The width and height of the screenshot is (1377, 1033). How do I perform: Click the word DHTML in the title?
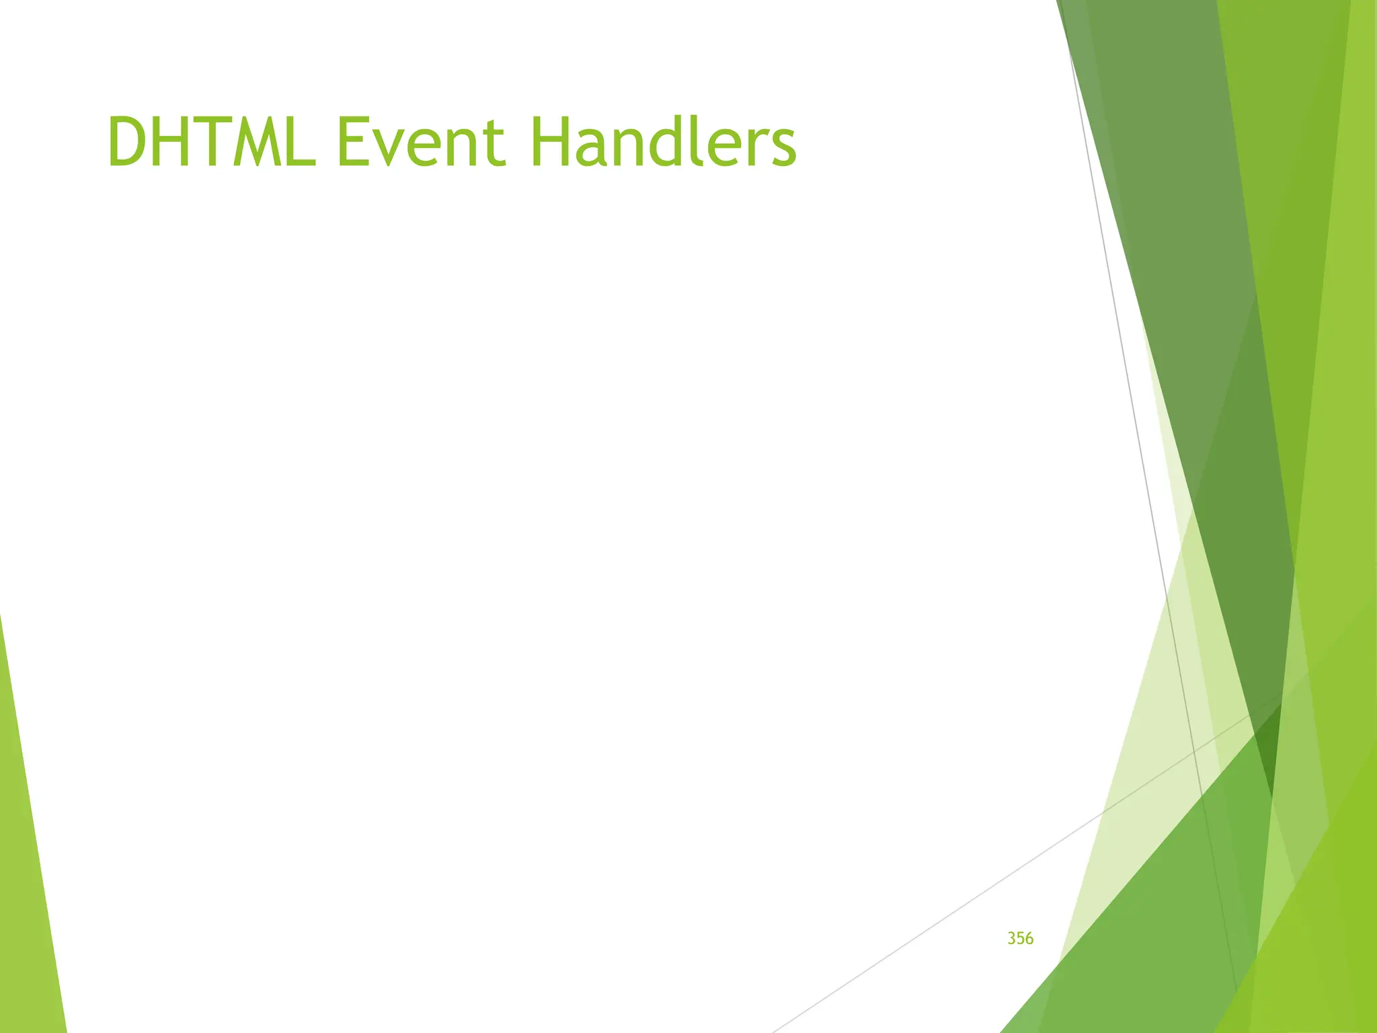click(210, 142)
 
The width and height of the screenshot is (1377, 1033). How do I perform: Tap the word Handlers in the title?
click(662, 142)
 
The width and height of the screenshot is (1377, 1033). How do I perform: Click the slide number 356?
click(1020, 938)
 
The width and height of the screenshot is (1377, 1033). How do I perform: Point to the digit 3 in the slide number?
click(1011, 938)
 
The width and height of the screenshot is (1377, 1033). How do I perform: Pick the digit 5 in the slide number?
click(1020, 938)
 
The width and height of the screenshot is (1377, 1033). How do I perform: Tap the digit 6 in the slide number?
click(1029, 938)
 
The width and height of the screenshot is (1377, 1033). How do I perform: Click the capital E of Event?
click(351, 142)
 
